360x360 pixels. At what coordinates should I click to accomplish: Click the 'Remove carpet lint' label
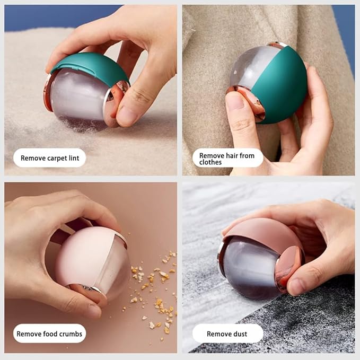coord(49,157)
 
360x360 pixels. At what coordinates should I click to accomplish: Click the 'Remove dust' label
coord(227,333)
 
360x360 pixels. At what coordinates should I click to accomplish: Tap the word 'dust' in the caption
coord(240,333)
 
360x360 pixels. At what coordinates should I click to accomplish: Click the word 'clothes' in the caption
coord(210,163)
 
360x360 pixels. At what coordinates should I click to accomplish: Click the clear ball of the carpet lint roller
coord(80,98)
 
